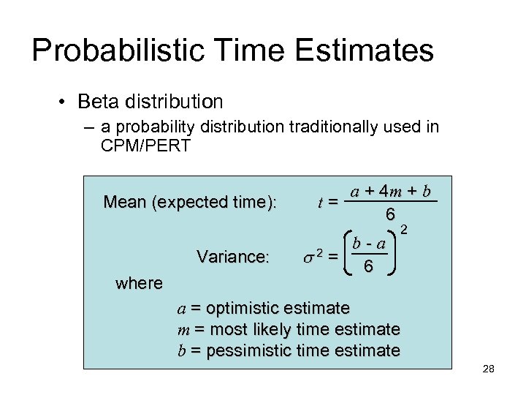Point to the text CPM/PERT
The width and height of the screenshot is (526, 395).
pyautogui.click(x=145, y=146)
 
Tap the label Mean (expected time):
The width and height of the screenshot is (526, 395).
pyautogui.click(x=190, y=201)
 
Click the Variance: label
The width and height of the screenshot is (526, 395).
pyautogui.click(x=233, y=257)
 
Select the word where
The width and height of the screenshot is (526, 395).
pyautogui.click(x=139, y=283)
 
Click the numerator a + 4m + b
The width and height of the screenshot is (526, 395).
pyautogui.click(x=391, y=192)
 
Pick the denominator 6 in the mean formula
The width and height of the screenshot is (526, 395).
pyautogui.click(x=391, y=214)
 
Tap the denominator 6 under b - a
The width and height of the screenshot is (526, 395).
pyautogui.click(x=370, y=268)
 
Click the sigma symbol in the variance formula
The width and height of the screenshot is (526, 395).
pyautogui.click(x=308, y=257)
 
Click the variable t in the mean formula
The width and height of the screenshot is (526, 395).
pyautogui.click(x=321, y=203)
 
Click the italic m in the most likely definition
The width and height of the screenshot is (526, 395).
pyautogui.click(x=183, y=329)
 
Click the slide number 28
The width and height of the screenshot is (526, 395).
pyautogui.click(x=489, y=369)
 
